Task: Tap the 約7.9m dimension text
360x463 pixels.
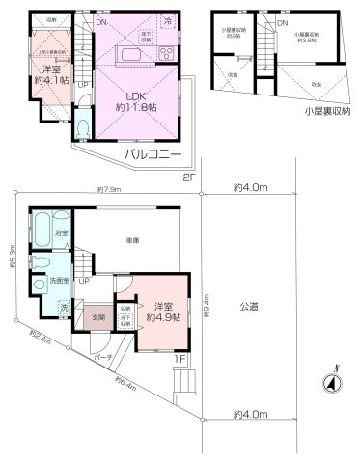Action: point(107,190)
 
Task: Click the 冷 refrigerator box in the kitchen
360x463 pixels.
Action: point(167,20)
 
